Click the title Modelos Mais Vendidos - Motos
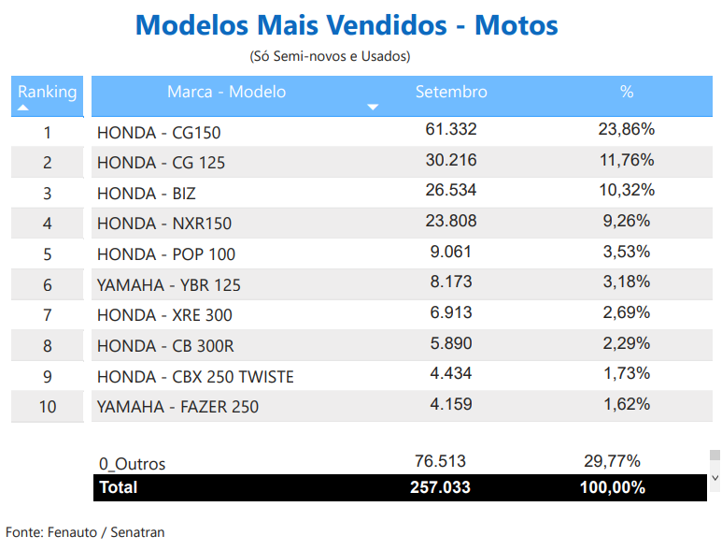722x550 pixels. pos(347,24)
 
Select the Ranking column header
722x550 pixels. pos(47,92)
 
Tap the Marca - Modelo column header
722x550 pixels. pos(226,92)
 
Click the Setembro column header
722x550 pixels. pos(451,92)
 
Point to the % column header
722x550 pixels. pos(626,92)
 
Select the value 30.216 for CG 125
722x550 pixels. pos(451,160)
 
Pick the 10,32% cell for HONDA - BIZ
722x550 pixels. pos(626,190)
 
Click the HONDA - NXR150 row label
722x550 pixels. pos(164,224)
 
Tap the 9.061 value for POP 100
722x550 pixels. pos(451,251)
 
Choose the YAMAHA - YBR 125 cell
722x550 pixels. pos(168,285)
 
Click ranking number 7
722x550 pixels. pos(48,315)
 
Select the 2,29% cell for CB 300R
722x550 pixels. pos(626,342)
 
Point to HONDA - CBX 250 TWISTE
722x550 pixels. pos(195,377)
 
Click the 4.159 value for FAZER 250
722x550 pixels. pos(451,404)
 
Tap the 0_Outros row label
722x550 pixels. pos(132,464)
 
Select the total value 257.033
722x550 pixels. pos(440,487)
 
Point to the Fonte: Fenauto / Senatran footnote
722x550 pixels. pos(85,532)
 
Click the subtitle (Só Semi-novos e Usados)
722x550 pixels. pos(330,56)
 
